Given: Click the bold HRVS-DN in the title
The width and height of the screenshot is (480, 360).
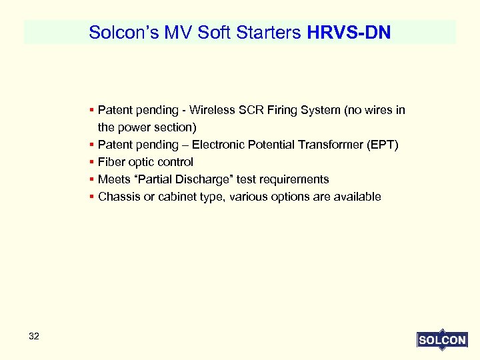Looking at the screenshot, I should point(349,32).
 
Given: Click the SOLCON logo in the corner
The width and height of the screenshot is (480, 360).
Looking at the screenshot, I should point(441,340).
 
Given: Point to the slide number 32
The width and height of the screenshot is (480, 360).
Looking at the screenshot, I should point(34,337).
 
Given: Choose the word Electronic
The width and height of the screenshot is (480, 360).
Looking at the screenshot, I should point(219,145).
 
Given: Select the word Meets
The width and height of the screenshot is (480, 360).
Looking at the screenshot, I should point(113,179).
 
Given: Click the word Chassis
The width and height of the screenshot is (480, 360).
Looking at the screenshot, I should point(119,197).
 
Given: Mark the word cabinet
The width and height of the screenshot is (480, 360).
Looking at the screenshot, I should point(179,197).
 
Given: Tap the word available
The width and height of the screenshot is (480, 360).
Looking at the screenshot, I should point(356,197).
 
